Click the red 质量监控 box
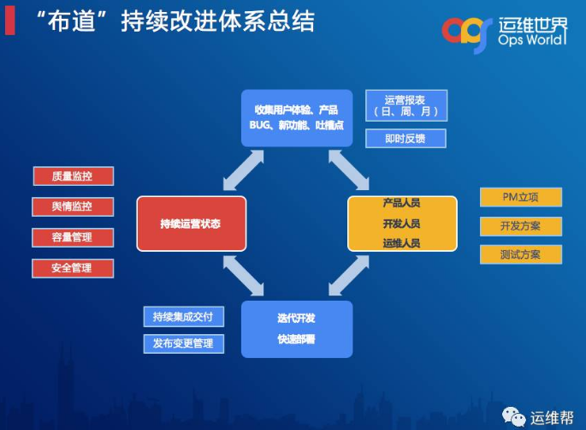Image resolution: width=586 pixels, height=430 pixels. pos(74,176)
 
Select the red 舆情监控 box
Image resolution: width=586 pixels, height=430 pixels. pos(74,206)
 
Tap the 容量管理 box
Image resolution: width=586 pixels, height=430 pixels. pos(74,237)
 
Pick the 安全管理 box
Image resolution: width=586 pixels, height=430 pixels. pos(74,268)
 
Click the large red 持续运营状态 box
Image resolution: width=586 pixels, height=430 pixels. pos(191,224)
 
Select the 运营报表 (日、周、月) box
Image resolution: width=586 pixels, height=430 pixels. pos(405,105)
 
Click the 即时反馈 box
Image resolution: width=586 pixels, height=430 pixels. pos(405,138)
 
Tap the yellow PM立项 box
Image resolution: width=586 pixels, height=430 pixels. pos(520,198)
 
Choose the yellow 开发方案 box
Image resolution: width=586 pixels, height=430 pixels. pos(520,226)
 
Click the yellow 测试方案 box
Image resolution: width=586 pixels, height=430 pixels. pos(520,254)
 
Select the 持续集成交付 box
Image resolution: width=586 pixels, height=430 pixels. pos(183,317)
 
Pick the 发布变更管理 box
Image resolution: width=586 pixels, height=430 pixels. pos(183,344)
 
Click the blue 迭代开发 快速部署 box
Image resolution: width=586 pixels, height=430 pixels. pos(296,328)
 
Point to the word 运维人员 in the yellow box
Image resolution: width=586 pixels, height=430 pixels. pos(401,243)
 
